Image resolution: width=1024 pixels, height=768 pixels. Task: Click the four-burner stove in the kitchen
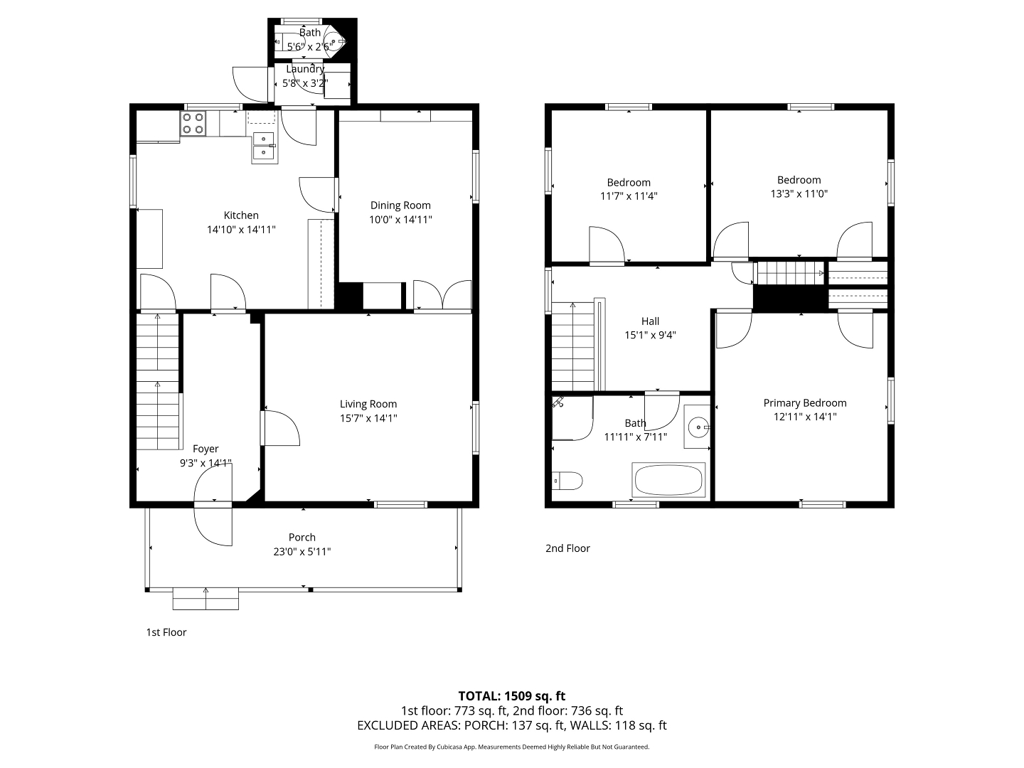[193, 123]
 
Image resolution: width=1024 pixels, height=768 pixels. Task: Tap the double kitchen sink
[264, 146]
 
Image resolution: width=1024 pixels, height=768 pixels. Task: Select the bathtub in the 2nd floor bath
[668, 480]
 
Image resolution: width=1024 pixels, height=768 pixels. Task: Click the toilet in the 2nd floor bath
[567, 481]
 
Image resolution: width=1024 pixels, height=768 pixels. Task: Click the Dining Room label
[400, 206]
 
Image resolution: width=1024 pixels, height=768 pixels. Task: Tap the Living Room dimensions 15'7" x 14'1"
[368, 418]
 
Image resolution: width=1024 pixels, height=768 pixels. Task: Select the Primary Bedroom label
[805, 403]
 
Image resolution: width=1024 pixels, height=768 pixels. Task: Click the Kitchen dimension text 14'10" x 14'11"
[241, 230]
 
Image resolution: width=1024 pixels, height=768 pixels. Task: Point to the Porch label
[302, 537]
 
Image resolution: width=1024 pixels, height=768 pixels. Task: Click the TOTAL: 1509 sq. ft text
[512, 695]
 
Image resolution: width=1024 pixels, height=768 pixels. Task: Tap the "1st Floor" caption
[166, 632]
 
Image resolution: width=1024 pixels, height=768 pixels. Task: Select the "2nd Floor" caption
[567, 548]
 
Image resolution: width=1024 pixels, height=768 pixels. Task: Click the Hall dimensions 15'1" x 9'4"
[650, 335]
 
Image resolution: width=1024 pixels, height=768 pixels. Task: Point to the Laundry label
[305, 69]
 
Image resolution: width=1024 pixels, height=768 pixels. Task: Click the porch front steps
[206, 599]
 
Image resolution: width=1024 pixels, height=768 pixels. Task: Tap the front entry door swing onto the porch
[213, 526]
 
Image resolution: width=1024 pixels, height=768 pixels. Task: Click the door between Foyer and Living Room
[281, 428]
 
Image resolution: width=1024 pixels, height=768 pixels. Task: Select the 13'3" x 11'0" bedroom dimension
[799, 193]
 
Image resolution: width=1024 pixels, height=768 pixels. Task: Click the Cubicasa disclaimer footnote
[512, 747]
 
